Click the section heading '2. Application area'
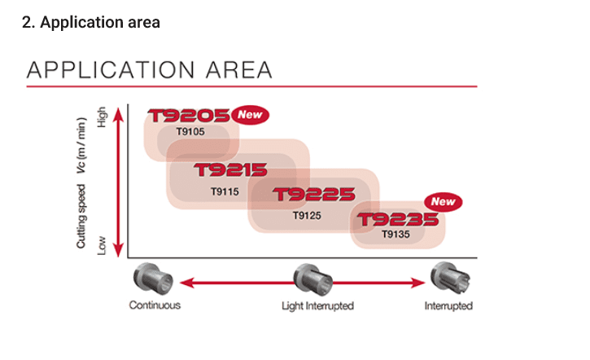tap(90, 22)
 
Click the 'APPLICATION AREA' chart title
tap(150, 70)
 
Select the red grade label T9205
tap(189, 116)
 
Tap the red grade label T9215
tap(230, 171)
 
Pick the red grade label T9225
tap(313, 195)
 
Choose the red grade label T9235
tap(399, 220)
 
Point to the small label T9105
tap(190, 132)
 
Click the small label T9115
tap(224, 192)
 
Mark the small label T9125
tap(307, 215)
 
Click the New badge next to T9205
tap(250, 115)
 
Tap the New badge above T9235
tap(443, 201)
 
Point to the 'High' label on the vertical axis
tap(101, 117)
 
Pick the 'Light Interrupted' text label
tap(317, 306)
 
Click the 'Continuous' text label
tap(155, 306)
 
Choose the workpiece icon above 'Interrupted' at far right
tap(448, 279)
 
